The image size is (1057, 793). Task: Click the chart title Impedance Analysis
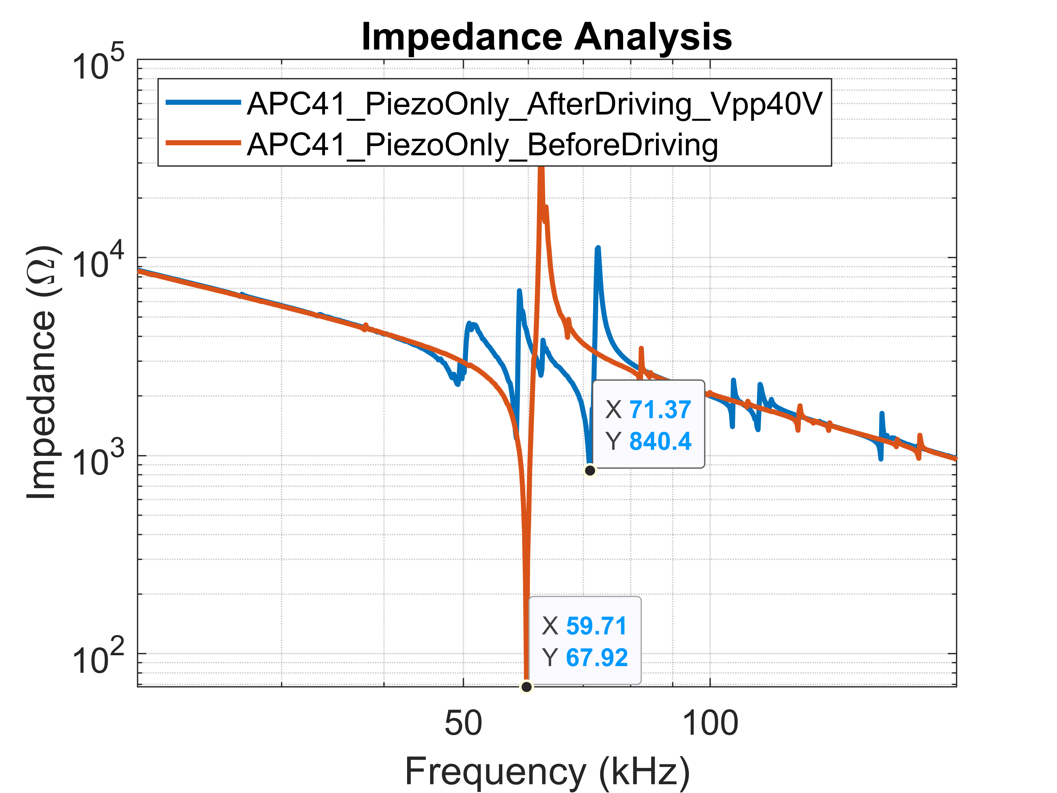pos(546,37)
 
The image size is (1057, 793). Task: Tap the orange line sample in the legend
pos(203,143)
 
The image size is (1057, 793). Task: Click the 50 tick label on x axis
pos(463,723)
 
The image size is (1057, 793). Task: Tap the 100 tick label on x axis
pos(710,723)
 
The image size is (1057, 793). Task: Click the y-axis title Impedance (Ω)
pos(42,372)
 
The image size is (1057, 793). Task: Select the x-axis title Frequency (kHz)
pos(547,771)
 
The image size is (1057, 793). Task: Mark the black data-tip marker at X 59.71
pos(526,687)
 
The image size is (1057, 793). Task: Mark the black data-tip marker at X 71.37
pos(590,470)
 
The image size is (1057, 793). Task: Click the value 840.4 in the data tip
pos(660,441)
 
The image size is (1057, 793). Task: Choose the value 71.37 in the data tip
pos(660,410)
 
